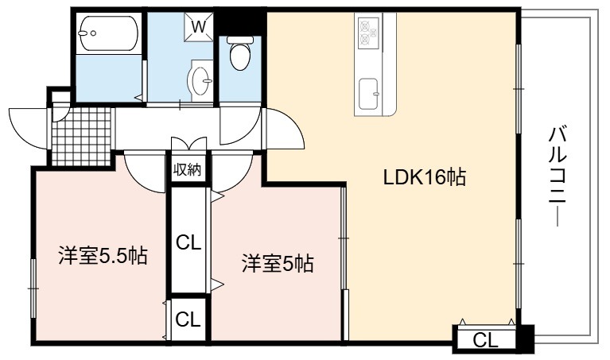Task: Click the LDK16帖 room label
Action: tap(425, 178)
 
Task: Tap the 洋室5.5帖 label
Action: tap(103, 256)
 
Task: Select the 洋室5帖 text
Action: tap(278, 264)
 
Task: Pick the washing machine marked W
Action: tap(199, 26)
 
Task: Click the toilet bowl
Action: tap(239, 53)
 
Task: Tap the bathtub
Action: tap(108, 33)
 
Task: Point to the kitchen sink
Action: tap(368, 94)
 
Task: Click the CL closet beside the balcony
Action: tap(485, 340)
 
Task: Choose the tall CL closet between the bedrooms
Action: tap(188, 241)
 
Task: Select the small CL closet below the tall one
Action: tap(188, 319)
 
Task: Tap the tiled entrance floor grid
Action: tap(82, 137)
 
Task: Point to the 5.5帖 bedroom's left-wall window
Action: tap(33, 288)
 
